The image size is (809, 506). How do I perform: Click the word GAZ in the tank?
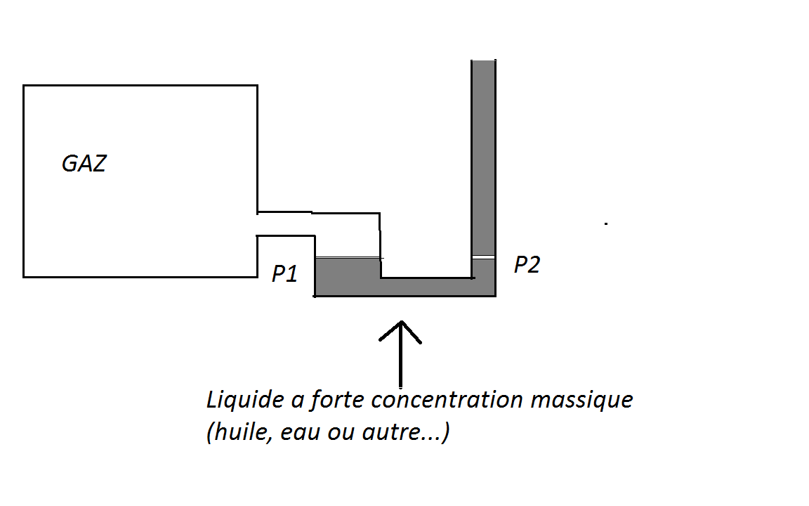point(84,164)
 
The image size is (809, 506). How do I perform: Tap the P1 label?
point(285,273)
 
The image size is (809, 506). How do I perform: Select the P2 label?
point(527,265)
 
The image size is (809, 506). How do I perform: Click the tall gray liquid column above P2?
point(484,155)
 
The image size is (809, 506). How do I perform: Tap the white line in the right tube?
point(484,257)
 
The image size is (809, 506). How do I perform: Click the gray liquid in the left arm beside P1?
point(348,274)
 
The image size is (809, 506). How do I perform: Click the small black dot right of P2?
point(606,224)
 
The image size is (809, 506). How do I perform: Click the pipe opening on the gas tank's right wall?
point(258,223)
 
